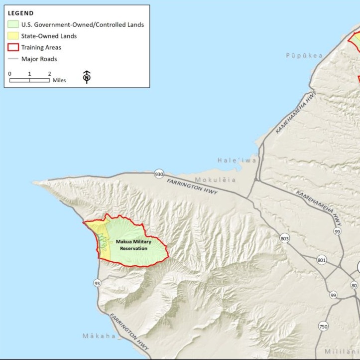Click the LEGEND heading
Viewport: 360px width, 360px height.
coord(21,12)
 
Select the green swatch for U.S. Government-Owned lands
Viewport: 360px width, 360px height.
coord(13,24)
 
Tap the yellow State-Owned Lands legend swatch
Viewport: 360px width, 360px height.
coord(13,36)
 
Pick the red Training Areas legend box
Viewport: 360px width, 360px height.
coord(13,47)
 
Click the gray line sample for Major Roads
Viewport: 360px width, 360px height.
coord(13,59)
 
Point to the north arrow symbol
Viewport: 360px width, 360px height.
coord(87,76)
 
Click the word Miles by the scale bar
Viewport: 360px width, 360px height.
coord(59,80)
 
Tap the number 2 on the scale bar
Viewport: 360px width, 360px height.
coord(49,73)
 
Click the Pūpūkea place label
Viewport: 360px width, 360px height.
coord(304,55)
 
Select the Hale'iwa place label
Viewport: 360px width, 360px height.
coord(237,160)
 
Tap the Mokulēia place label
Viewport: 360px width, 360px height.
coord(215,180)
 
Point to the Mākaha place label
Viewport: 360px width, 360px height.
coord(99,336)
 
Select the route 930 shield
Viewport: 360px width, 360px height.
coord(159,174)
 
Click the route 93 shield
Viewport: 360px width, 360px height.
coord(97,283)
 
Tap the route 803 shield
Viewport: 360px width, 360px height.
coord(284,238)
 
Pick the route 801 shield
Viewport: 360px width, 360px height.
coord(322,260)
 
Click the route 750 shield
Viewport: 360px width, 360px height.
coord(323,327)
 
